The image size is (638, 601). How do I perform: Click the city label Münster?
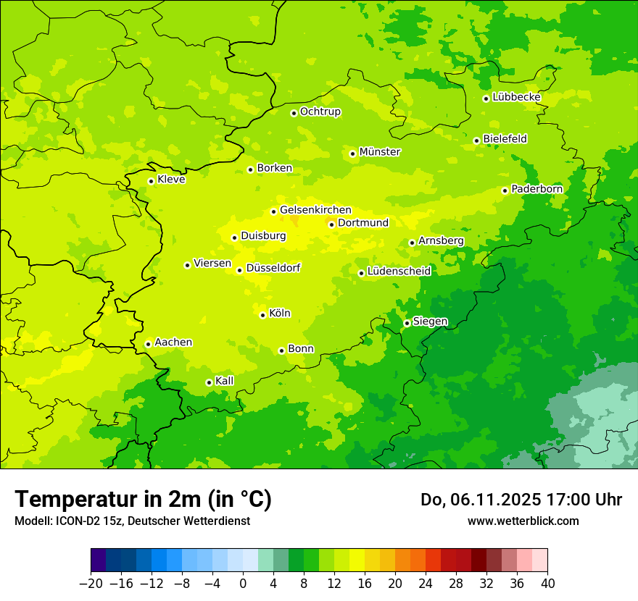pos(380,152)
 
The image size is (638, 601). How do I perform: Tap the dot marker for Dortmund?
pos(331,224)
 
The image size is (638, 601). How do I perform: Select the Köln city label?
pos(280,314)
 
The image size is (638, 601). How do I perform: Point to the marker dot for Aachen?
pos(148,344)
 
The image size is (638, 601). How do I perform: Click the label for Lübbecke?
pos(516,97)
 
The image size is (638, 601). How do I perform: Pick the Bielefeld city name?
pos(505,138)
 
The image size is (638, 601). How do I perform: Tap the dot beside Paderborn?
pos(505,190)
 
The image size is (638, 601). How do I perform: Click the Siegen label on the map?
pos(430,321)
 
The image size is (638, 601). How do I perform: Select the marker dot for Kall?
pos(209,382)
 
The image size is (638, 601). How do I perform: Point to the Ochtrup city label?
pos(320,112)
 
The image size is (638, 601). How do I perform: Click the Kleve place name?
pos(171,180)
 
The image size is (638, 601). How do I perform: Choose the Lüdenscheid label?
pos(399,272)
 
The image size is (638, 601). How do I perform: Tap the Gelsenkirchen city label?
pos(315,210)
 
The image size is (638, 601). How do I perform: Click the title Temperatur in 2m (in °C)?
pos(143,499)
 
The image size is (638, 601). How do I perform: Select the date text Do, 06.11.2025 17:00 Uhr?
pos(521,500)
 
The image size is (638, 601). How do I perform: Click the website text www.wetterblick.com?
pos(523,521)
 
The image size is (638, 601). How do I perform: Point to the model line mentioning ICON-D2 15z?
pos(132,521)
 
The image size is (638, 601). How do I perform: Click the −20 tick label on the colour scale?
pos(91,584)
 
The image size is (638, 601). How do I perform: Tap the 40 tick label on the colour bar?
pos(547,584)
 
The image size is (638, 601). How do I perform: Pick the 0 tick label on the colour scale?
pos(243,584)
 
